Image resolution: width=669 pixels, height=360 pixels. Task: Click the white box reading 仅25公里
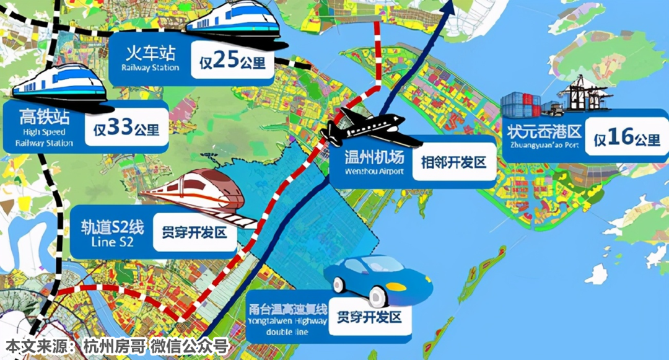(232, 61)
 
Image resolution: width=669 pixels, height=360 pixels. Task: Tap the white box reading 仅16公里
(627, 139)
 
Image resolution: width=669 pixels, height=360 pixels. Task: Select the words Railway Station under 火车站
(150, 68)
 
